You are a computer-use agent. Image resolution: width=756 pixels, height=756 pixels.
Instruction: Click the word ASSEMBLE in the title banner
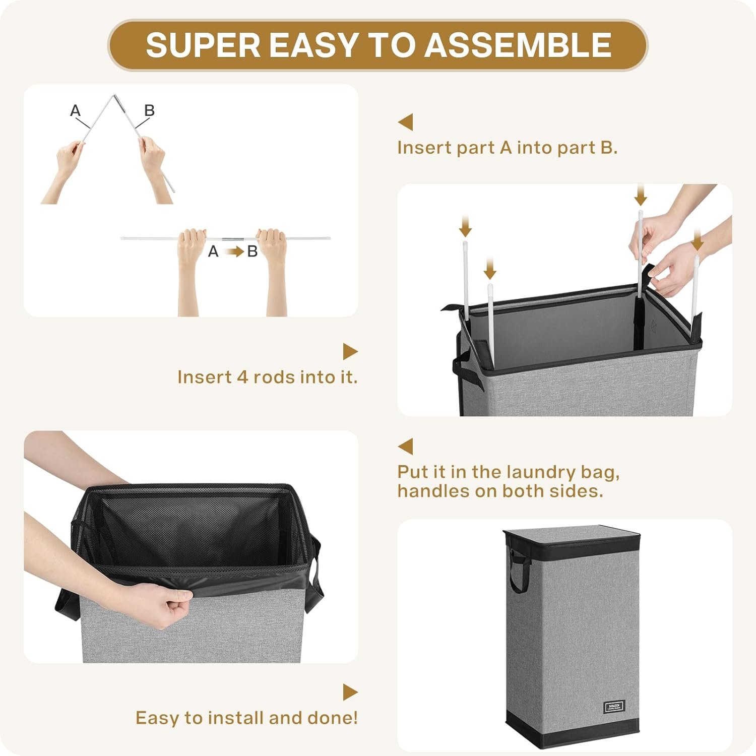pyautogui.click(x=518, y=45)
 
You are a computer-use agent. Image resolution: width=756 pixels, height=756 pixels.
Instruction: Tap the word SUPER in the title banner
pyautogui.click(x=203, y=45)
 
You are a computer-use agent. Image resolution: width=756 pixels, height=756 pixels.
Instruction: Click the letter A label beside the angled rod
pyautogui.click(x=75, y=110)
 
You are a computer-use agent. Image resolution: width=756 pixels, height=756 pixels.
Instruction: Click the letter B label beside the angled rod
pyautogui.click(x=149, y=110)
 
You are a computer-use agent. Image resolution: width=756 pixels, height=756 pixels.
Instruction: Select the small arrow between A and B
pyautogui.click(x=234, y=251)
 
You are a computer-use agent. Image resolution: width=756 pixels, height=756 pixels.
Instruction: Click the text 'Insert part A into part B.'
pyautogui.click(x=507, y=148)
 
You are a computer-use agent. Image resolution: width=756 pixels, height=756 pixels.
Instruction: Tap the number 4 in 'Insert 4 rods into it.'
pyautogui.click(x=243, y=377)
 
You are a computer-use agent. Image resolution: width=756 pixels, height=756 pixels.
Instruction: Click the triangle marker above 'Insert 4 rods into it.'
pyautogui.click(x=350, y=351)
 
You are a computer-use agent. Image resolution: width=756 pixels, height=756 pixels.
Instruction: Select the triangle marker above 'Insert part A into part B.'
pyautogui.click(x=406, y=122)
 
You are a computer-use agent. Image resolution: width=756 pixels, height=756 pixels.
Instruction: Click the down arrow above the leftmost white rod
pyautogui.click(x=465, y=226)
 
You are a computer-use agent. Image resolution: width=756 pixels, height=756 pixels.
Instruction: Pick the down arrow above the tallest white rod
pyautogui.click(x=641, y=195)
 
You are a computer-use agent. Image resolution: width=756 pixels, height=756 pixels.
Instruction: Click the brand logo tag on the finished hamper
pyautogui.click(x=614, y=706)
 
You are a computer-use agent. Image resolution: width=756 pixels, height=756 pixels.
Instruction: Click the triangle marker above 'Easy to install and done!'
pyautogui.click(x=350, y=692)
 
